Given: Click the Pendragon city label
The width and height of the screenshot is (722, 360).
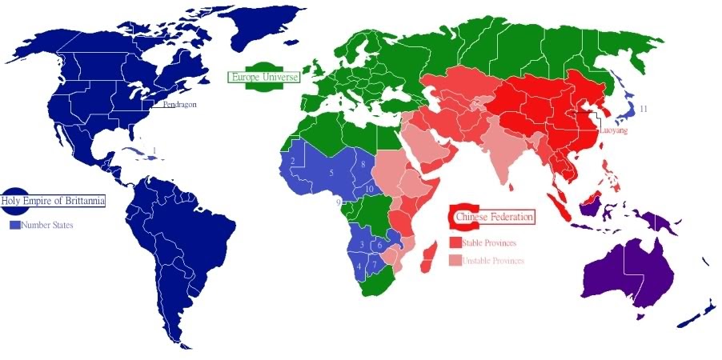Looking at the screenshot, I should (x=178, y=104).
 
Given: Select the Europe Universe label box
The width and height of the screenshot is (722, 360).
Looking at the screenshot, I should (x=263, y=78).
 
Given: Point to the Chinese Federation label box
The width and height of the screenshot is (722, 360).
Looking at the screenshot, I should (x=494, y=217).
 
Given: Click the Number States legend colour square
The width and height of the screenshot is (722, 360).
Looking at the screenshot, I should (x=14, y=226).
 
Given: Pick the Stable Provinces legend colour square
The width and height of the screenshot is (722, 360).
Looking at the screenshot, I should (x=455, y=242).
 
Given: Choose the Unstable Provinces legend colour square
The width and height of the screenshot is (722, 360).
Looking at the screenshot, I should (x=455, y=260).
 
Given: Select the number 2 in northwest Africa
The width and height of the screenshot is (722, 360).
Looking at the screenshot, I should (x=294, y=162).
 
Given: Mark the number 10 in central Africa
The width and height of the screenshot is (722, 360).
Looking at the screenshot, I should (x=369, y=189).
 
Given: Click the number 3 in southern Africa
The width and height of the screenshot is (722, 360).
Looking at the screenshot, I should (x=362, y=244).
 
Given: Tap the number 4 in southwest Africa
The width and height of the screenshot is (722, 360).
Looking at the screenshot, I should (x=359, y=266).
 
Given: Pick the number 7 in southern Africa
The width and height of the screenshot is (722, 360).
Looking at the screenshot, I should (x=373, y=264).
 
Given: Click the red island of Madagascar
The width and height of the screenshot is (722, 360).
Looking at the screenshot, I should (x=430, y=257).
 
